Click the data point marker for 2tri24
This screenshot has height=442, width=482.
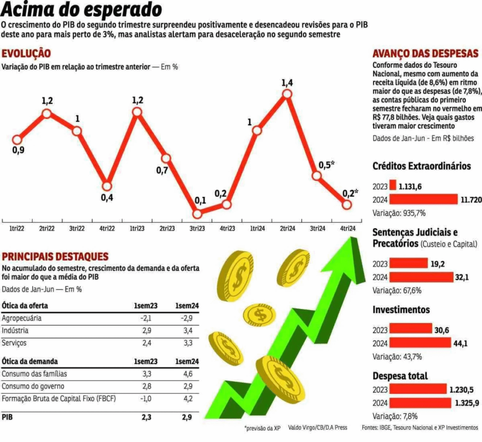(x=287, y=94)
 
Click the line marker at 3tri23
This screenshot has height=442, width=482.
(x=197, y=214)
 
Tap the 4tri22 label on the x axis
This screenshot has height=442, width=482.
(x=107, y=229)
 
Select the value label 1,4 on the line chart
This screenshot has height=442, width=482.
(x=287, y=83)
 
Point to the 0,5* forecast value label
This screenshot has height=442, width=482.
(x=326, y=165)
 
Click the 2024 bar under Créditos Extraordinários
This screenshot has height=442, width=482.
(x=424, y=199)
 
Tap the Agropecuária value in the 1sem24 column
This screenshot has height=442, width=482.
(x=186, y=318)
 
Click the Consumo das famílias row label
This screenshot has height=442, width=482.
(x=34, y=374)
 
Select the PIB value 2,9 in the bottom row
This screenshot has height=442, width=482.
(x=187, y=417)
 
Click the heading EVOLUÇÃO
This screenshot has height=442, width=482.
(x=26, y=54)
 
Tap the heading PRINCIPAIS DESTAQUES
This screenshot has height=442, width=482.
(x=55, y=257)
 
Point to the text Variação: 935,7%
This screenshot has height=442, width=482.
(x=393, y=213)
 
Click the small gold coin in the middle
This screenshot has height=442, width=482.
(x=260, y=316)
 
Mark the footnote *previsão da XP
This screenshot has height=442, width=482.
(x=262, y=428)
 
